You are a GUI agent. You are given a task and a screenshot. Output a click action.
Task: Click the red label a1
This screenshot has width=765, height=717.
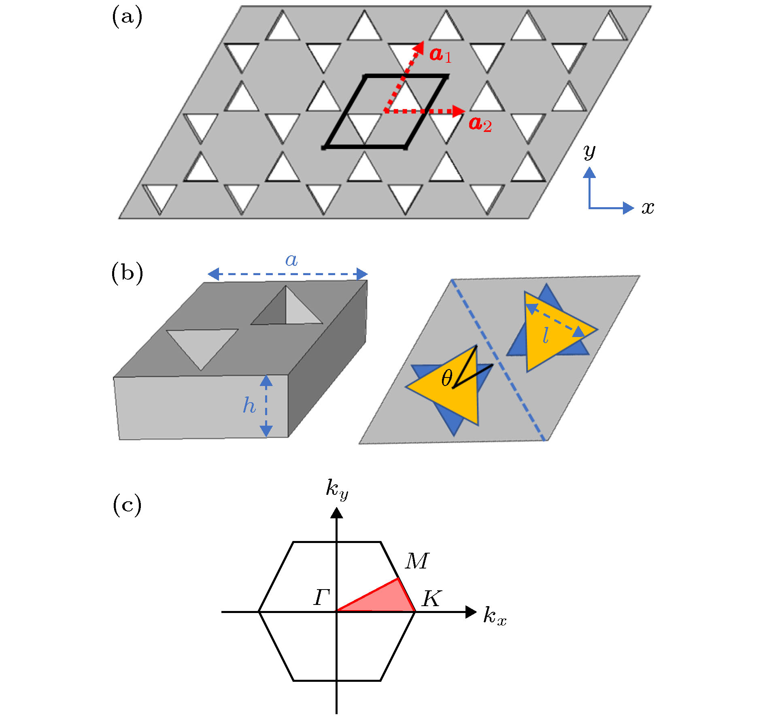click(x=440, y=55)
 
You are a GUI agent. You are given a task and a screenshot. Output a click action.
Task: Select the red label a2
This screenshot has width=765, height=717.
click(x=480, y=124)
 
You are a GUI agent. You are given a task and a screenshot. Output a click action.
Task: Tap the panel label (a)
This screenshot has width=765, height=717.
click(x=127, y=17)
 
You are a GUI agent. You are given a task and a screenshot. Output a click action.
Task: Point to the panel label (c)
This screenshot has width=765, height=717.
click(x=127, y=505)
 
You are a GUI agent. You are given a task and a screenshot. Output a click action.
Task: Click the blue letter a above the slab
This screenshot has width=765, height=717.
click(x=291, y=260)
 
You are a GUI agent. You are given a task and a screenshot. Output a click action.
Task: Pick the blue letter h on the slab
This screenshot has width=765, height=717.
click(x=249, y=405)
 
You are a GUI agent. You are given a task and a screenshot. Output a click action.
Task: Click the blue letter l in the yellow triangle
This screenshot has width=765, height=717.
click(x=546, y=335)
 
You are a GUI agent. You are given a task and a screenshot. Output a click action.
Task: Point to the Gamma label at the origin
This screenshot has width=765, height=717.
click(x=322, y=597)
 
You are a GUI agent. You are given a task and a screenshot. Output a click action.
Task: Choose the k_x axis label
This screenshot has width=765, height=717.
click(x=495, y=616)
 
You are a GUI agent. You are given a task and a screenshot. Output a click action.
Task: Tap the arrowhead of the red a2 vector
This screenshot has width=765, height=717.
click(x=459, y=111)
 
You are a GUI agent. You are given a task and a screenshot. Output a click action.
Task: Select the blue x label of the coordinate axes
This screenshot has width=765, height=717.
click(x=648, y=208)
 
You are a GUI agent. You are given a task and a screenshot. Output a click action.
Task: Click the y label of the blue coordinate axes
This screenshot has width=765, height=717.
click(x=589, y=152)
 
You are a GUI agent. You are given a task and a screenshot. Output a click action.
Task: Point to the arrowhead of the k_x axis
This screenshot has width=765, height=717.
click(x=471, y=612)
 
